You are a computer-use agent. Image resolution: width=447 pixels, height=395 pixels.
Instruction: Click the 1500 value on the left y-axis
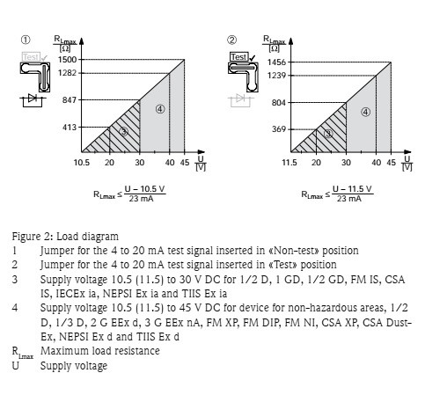(67, 59)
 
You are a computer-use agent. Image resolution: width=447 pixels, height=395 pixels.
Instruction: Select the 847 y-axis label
(70, 100)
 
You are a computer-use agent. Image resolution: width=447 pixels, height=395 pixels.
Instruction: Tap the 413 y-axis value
(70, 129)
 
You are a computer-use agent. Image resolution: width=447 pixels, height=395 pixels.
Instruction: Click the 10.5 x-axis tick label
(82, 164)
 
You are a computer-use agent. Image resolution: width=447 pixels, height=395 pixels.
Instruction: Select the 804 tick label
(278, 103)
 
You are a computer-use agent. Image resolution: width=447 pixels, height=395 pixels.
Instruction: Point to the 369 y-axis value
(278, 131)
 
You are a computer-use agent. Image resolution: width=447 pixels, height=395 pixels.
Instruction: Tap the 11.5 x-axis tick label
(289, 164)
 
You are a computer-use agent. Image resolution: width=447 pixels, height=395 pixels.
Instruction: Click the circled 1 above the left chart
(26, 40)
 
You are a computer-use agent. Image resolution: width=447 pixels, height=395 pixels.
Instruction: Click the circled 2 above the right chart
(232, 40)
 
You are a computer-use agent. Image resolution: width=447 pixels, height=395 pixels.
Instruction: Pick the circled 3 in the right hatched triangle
(328, 134)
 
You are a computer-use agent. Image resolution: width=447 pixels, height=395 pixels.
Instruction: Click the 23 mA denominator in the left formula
(138, 199)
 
